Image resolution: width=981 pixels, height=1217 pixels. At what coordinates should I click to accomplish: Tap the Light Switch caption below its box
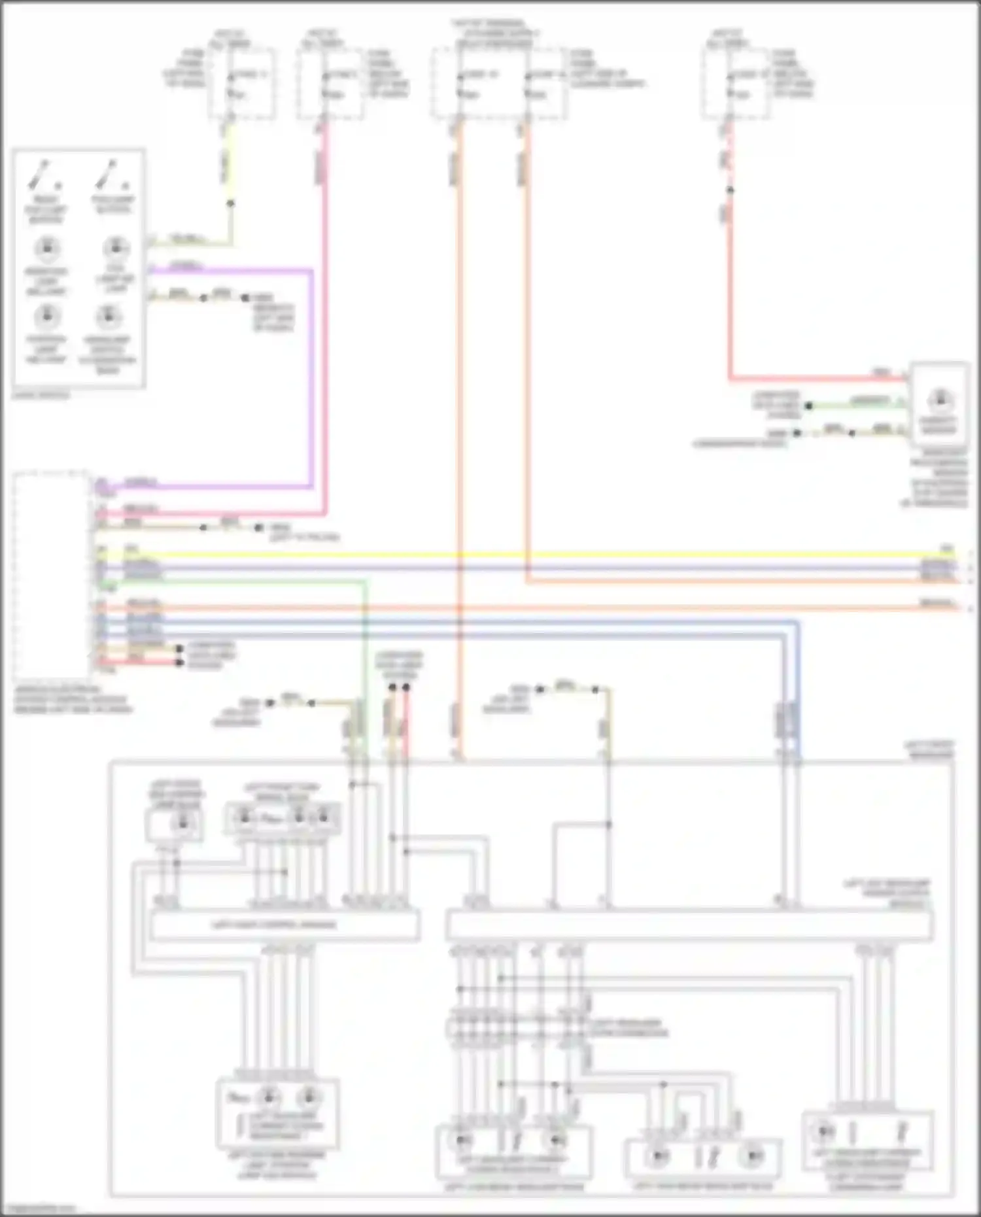pos(41,395)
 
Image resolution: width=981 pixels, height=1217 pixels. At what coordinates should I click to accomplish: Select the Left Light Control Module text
pos(274,925)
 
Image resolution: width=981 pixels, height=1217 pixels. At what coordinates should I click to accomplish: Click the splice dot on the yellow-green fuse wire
pos(230,203)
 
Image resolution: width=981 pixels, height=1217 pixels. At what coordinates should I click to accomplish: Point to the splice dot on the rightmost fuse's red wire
pos(730,190)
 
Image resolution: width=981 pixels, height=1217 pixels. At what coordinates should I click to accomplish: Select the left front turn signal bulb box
pos(282,818)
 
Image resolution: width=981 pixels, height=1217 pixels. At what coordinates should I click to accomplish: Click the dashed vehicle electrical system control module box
pos(51,575)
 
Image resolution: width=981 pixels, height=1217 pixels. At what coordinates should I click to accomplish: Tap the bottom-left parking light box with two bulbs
pos(277,1114)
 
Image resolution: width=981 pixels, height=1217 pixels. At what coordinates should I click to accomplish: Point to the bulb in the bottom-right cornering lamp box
pos(823,1131)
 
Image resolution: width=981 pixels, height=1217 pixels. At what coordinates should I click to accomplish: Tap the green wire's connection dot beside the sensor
pos(808,406)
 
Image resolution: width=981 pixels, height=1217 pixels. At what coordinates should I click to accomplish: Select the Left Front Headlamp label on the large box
pos(929,749)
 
